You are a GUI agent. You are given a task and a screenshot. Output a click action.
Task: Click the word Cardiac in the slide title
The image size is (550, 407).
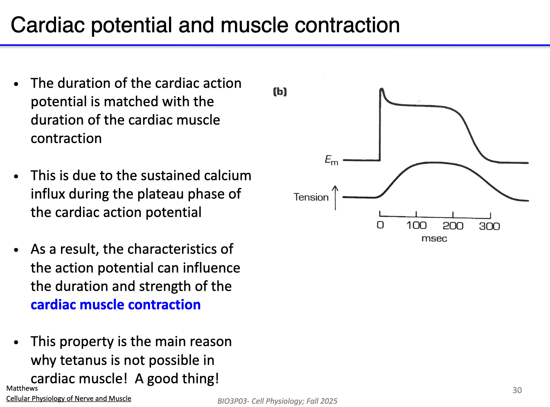click(48, 25)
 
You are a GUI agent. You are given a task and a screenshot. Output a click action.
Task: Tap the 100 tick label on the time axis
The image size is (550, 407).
click(416, 226)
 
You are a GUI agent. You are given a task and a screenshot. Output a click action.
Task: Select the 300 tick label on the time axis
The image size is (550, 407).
click(489, 226)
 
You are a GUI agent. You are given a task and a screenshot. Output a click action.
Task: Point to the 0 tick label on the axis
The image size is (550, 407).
click(380, 225)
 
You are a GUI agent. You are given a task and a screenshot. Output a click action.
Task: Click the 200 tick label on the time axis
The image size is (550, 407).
click(453, 226)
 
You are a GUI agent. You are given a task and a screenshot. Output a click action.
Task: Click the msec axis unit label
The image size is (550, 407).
click(434, 239)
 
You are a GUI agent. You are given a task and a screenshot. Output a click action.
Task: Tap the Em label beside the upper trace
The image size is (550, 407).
click(331, 160)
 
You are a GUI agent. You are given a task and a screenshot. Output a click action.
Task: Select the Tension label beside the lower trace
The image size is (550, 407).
click(311, 197)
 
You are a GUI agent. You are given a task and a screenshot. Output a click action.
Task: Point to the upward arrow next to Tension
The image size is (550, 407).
click(335, 197)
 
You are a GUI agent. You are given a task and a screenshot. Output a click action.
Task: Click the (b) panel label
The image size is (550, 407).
click(280, 92)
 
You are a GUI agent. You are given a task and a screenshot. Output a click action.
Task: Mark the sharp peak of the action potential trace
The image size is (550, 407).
click(381, 89)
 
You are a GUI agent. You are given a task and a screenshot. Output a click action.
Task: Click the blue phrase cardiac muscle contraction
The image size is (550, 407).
click(115, 305)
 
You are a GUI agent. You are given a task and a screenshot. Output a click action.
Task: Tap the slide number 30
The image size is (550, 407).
click(517, 390)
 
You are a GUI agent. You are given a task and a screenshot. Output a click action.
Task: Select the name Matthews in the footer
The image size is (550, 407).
click(22, 388)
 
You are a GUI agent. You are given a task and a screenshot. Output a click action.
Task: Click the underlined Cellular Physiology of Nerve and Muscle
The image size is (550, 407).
click(69, 398)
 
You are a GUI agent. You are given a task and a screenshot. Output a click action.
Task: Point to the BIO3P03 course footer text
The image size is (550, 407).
click(277, 401)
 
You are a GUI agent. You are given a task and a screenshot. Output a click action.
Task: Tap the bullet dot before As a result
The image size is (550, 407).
click(16, 250)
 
